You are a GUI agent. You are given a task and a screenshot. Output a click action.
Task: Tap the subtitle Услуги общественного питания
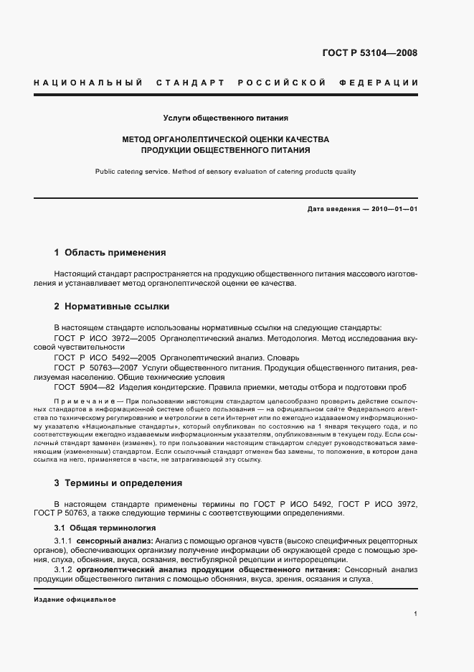(226, 117)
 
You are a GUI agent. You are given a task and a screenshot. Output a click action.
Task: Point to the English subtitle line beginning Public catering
(225, 172)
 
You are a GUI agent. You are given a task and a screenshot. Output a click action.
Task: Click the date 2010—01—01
(393, 209)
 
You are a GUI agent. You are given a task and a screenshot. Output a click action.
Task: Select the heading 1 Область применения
(110, 253)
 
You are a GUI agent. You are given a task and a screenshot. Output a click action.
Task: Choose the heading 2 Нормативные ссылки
(111, 307)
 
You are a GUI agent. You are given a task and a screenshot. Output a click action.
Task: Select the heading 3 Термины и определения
(118, 483)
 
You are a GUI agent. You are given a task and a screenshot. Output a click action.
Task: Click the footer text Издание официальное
(75, 599)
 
